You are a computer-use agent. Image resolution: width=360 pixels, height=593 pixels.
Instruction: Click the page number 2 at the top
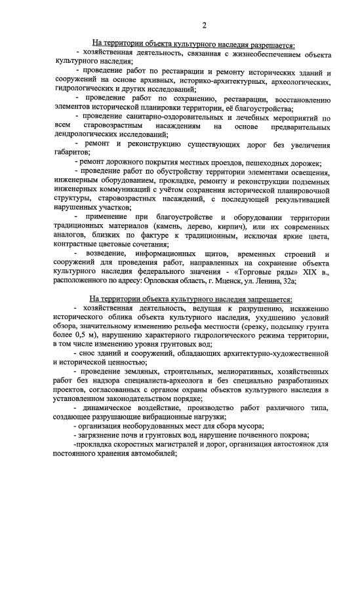[x=204, y=26]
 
